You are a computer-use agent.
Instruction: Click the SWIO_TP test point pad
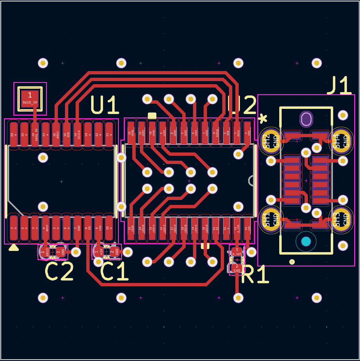pos(30,97)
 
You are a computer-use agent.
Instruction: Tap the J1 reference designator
pos(339,86)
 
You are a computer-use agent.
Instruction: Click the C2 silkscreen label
pos(59,272)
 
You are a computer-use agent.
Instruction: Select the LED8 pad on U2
pos(131,133)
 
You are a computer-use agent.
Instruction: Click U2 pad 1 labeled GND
pos(247,133)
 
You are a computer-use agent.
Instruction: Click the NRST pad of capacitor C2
pos(45,252)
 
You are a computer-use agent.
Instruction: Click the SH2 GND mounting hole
pos(270,141)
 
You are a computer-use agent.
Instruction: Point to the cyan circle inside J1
pos(306,242)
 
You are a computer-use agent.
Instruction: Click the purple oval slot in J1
pos(306,119)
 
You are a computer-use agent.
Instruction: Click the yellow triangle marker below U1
pos(14,248)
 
